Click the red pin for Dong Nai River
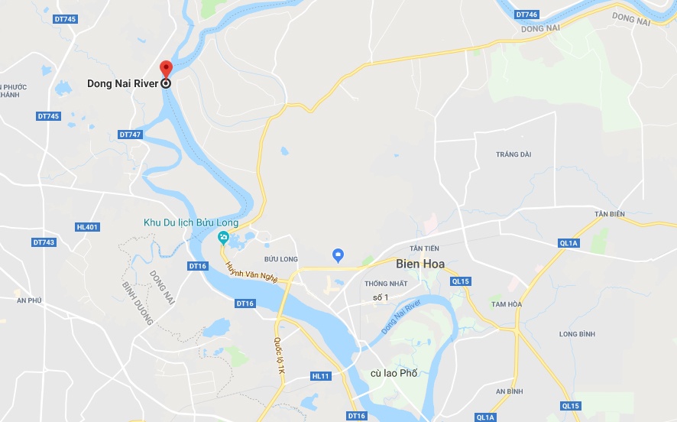166,68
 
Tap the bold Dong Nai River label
122,84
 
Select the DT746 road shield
526,15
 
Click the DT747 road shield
131,135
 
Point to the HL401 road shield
88,227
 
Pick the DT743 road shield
44,242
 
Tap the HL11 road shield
321,376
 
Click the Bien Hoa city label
420,265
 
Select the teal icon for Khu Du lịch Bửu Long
223,236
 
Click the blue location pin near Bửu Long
339,255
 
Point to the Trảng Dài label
513,154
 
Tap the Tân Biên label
610,214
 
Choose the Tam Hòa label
506,304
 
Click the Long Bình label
577,334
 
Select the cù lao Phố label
394,373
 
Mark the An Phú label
29,300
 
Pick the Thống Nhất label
386,284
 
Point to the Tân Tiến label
425,248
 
